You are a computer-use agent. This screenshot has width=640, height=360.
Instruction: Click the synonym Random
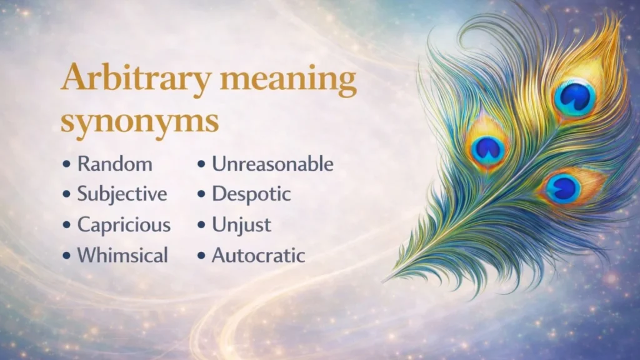pos(114,164)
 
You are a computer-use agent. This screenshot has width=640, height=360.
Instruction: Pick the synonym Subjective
pos(122,194)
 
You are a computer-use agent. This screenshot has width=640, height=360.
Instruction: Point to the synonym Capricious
pos(124,225)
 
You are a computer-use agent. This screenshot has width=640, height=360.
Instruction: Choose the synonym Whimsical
pos(122,255)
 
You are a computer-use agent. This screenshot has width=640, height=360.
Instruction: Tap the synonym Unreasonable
pos(272,164)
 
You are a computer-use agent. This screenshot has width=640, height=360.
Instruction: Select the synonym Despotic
pos(251,194)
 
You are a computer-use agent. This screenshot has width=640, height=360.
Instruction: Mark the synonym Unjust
pos(241,225)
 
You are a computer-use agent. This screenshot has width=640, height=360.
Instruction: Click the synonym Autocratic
pos(258,255)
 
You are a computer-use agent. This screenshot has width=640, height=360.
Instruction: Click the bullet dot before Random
pos(67,165)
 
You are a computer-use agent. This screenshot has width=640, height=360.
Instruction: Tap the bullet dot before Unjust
pos(201,226)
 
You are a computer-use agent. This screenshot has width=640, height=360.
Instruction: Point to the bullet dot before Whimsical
pos(67,256)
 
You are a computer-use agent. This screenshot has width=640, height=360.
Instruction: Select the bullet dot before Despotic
pos(201,195)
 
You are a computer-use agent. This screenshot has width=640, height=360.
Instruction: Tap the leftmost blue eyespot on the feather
pos(488,148)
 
